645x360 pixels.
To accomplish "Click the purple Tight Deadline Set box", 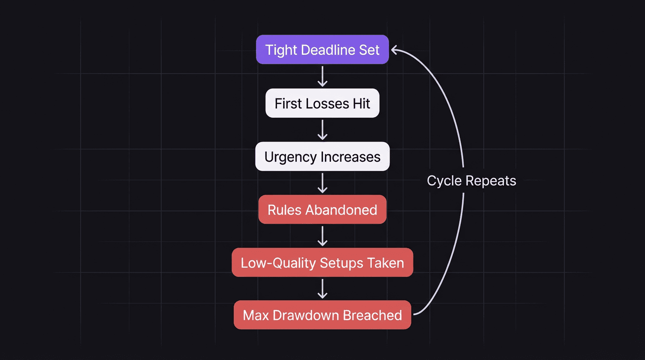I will [x=322, y=49].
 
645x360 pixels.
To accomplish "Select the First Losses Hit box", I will [x=322, y=103].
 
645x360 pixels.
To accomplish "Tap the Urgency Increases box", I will [x=322, y=157].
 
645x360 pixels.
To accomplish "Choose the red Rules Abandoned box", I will [x=322, y=210].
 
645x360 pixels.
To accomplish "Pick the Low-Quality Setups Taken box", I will [x=322, y=262].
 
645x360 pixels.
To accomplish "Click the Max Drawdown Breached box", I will [x=322, y=315].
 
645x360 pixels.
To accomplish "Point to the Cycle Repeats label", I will [x=471, y=180].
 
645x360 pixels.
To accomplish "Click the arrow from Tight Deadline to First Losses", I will [x=322, y=76].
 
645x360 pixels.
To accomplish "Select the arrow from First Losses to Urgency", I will [x=322, y=129].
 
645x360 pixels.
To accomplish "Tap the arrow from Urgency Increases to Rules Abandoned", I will [x=322, y=183].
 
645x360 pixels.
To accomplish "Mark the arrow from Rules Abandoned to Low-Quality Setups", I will [x=322, y=236].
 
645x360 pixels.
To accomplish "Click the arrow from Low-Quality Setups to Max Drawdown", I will [x=322, y=289].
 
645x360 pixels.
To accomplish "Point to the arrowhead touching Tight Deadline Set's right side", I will [x=395, y=49].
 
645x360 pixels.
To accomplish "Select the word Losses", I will [x=325, y=103].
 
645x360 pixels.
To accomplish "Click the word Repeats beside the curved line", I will [x=494, y=181].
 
